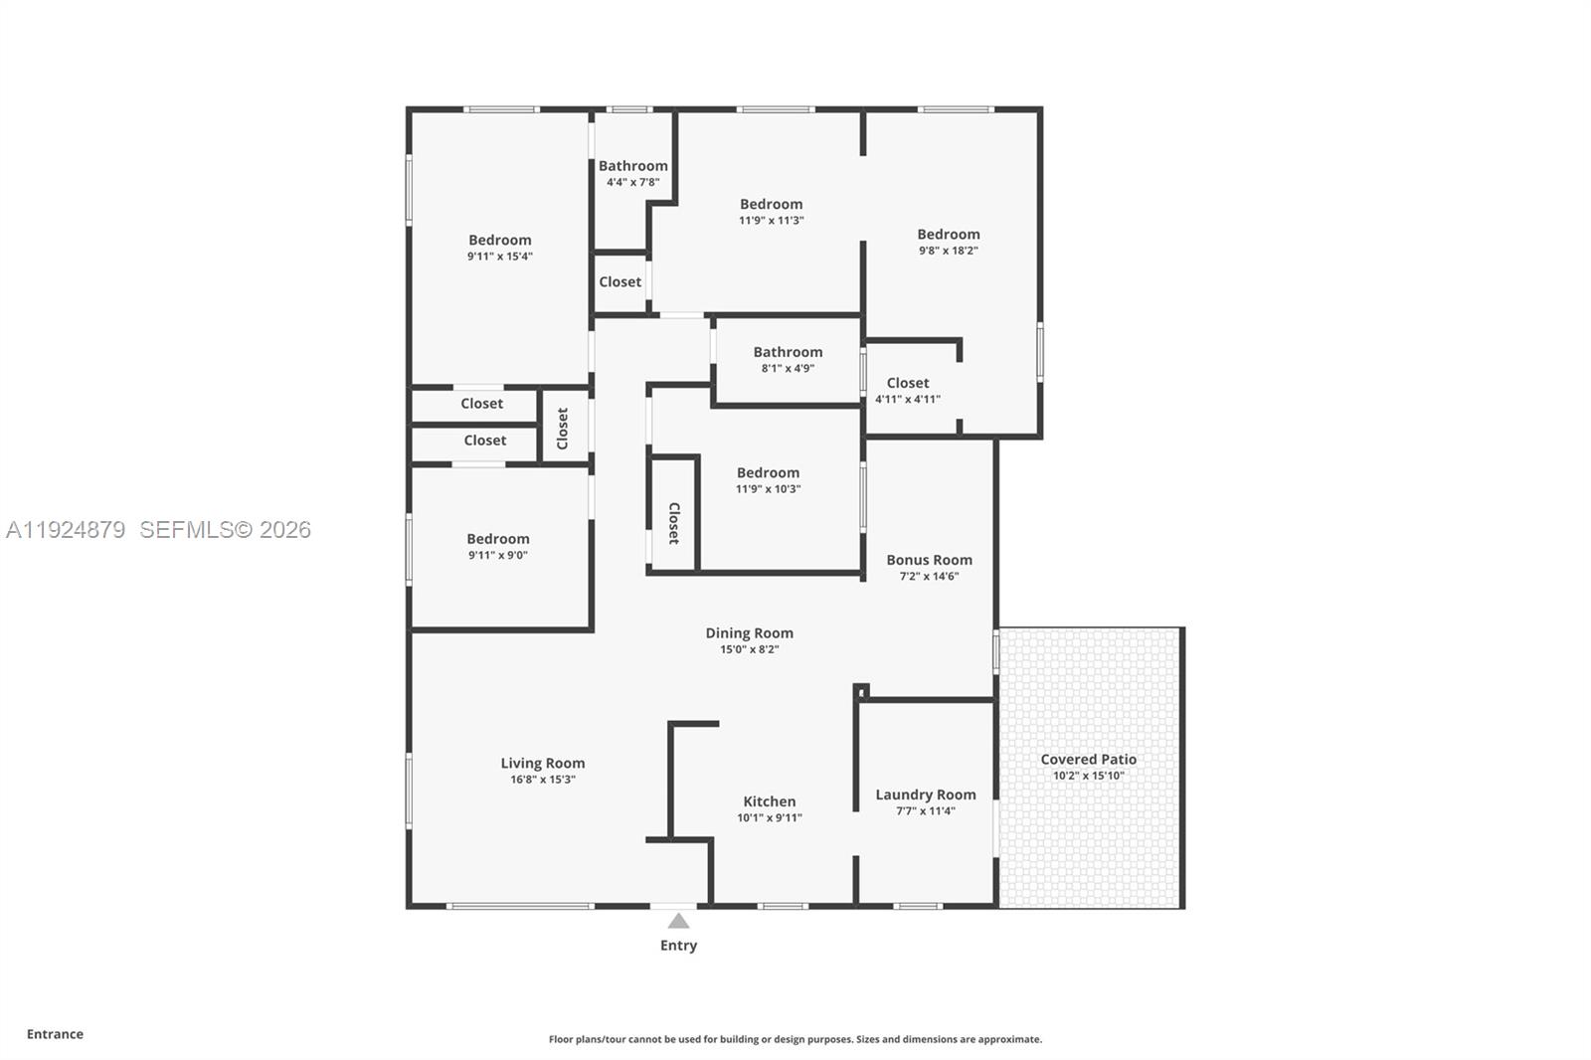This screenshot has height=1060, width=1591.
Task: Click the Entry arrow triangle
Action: (x=678, y=921)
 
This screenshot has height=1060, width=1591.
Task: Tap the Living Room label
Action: (x=542, y=764)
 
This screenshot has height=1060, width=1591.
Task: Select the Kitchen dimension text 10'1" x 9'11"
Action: (x=769, y=818)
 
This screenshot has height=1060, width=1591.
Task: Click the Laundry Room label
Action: (x=925, y=795)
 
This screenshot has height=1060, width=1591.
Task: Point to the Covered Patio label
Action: (x=1088, y=760)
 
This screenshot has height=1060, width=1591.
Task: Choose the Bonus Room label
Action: (x=929, y=560)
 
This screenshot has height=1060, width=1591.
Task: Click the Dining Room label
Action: (x=749, y=633)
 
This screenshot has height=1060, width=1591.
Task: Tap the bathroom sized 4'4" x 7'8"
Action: (x=632, y=167)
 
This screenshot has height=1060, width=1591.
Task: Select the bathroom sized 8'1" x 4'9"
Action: (x=788, y=352)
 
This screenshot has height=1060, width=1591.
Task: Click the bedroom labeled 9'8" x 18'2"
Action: (x=948, y=235)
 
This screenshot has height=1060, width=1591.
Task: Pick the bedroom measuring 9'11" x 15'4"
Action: (x=499, y=241)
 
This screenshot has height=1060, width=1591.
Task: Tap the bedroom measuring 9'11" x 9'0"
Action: (x=497, y=539)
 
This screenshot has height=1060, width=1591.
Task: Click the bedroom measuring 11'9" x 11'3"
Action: (x=771, y=205)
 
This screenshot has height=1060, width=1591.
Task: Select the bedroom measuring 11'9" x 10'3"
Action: (x=768, y=473)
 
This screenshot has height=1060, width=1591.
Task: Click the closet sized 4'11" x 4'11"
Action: (x=907, y=384)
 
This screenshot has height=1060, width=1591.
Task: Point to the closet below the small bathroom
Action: (x=619, y=282)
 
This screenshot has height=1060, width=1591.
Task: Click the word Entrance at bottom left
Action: (x=55, y=1034)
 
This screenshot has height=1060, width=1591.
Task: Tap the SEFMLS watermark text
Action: (x=225, y=530)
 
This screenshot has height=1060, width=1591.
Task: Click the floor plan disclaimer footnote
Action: (x=795, y=1039)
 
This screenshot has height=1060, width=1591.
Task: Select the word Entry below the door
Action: (x=678, y=946)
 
